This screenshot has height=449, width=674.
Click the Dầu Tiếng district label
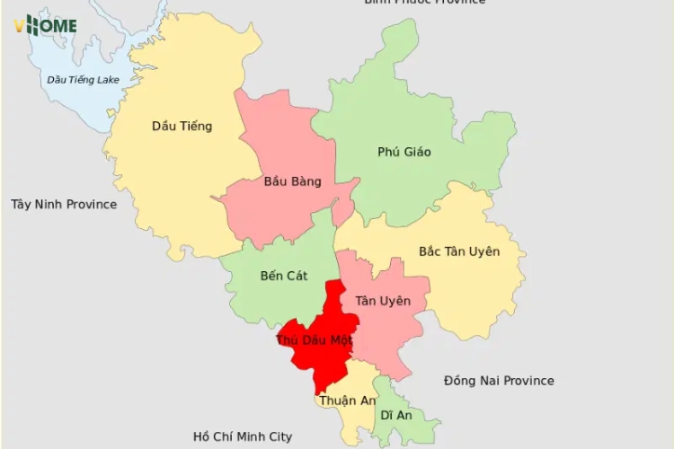182,126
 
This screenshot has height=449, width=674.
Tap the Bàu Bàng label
292,181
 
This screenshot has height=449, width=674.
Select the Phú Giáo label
404,152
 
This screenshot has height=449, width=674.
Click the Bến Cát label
283,276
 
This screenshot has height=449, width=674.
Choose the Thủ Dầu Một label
314,340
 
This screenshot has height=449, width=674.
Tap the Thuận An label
347,401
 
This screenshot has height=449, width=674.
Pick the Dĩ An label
395,415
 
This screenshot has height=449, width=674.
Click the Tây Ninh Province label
64,204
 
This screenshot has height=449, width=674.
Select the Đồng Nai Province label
499,381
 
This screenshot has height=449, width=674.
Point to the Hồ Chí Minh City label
243,436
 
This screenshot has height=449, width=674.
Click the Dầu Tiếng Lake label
83,80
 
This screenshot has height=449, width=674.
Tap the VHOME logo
45,25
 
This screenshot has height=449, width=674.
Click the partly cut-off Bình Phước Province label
424,3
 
